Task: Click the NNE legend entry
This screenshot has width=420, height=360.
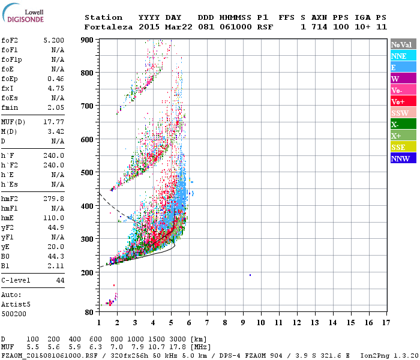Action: (x=403, y=56)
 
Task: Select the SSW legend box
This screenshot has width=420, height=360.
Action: (x=403, y=113)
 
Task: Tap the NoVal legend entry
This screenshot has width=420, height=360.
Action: (x=403, y=44)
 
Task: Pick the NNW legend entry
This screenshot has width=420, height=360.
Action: (x=403, y=158)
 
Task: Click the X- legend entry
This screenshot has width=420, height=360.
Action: (x=403, y=124)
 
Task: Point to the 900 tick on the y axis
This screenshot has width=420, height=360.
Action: (x=88, y=40)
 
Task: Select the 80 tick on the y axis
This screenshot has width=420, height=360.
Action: (x=89, y=312)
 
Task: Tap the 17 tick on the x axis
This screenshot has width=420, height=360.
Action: (x=385, y=322)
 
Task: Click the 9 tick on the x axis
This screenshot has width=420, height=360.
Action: (x=243, y=322)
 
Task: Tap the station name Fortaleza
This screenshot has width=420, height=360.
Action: (x=109, y=27)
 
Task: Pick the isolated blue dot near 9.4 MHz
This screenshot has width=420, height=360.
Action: (x=250, y=275)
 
